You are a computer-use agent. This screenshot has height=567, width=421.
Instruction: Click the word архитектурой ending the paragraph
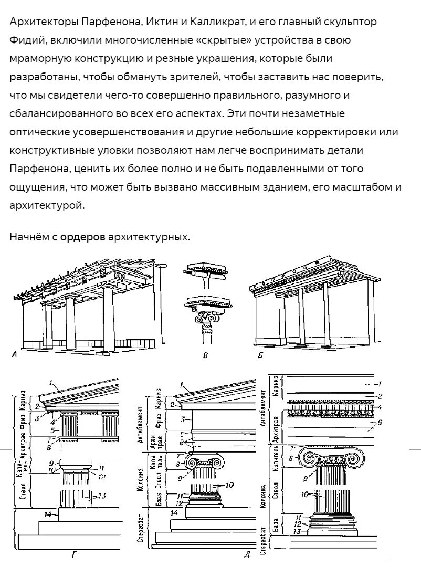[x=47, y=205]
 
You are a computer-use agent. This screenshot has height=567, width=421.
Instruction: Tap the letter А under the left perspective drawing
[x=15, y=355]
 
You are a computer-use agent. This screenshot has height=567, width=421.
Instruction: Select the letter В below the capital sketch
[x=206, y=356]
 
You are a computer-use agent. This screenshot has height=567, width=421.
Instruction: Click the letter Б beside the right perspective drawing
[x=260, y=355]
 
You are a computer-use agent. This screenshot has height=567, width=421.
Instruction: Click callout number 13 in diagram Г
[x=102, y=495]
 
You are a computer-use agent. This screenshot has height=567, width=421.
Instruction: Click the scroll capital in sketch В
[x=206, y=318]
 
